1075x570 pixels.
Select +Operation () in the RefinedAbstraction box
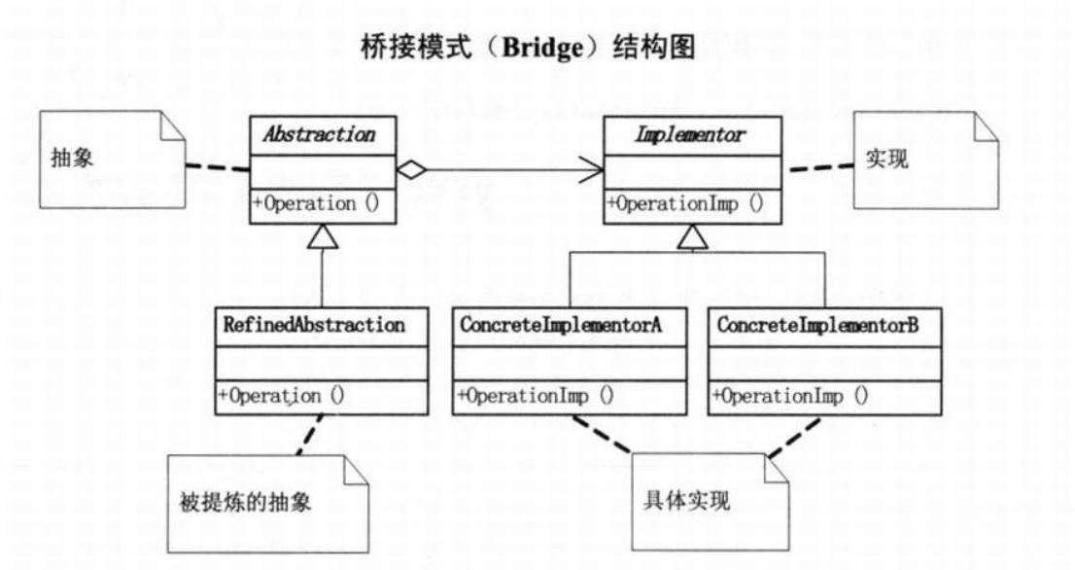pyautogui.click(x=280, y=396)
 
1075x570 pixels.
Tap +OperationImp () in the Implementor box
pyautogui.click(x=684, y=204)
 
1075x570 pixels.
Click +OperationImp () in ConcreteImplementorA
pyautogui.click(x=535, y=396)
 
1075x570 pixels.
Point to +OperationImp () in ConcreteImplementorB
pyautogui.click(x=790, y=396)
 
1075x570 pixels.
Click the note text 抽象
pyautogui.click(x=71, y=159)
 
